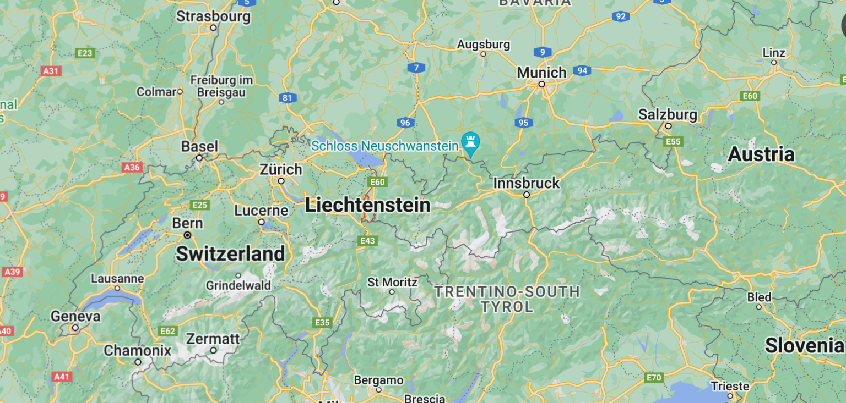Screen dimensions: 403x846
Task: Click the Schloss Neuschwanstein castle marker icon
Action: pyautogui.click(x=471, y=141)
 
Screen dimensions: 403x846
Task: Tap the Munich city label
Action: pyautogui.click(x=541, y=73)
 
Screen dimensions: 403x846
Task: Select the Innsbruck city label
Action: pyautogui.click(x=526, y=183)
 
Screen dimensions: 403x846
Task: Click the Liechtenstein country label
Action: pyautogui.click(x=367, y=205)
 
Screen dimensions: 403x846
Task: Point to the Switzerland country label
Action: pyautogui.click(x=230, y=253)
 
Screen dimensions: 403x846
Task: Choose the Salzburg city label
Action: pyautogui.click(x=668, y=114)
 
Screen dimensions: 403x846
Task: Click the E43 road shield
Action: pyautogui.click(x=367, y=241)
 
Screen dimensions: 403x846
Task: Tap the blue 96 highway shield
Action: pyautogui.click(x=405, y=123)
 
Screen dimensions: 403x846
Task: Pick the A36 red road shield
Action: pyautogui.click(x=132, y=168)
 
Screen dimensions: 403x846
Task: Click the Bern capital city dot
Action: pyautogui.click(x=188, y=235)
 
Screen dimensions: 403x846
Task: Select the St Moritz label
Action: pyautogui.click(x=392, y=282)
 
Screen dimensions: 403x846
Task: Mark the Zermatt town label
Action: pyautogui.click(x=213, y=339)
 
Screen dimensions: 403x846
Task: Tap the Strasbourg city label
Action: pyautogui.click(x=213, y=16)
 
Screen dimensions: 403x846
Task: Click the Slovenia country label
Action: pyautogui.click(x=804, y=345)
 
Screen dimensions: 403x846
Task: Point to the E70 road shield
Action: pyautogui.click(x=654, y=378)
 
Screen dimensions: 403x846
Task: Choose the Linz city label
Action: pyautogui.click(x=774, y=53)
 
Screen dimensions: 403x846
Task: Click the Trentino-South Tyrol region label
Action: pyautogui.click(x=507, y=299)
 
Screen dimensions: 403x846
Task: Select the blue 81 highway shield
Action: pyautogui.click(x=287, y=98)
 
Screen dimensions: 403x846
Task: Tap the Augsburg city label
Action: pyautogui.click(x=483, y=44)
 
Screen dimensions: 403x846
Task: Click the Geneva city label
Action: pyautogui.click(x=75, y=317)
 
